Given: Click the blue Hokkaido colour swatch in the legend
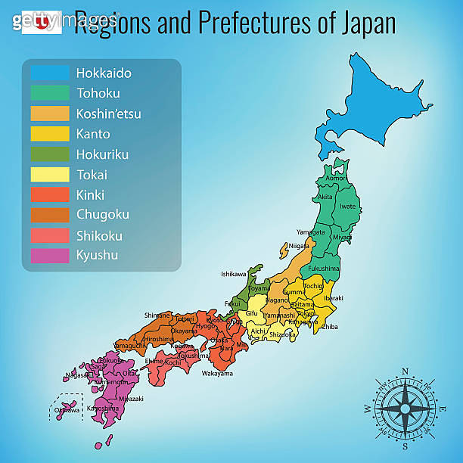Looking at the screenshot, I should point(49,73).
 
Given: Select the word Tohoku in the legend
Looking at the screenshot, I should point(96,94).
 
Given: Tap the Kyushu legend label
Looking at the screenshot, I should point(97,255).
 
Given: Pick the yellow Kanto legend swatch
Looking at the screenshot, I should point(49,134).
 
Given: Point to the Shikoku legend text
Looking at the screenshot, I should point(99,235).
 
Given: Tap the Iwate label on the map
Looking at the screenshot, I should point(348,205).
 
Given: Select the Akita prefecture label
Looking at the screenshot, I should point(325,197).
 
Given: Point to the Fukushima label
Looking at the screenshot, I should point(325,268).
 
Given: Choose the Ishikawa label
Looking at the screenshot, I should point(234,274).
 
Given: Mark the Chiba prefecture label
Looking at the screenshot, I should point(329,328).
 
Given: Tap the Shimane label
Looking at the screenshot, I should point(157,315).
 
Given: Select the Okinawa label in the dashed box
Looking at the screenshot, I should point(65,411).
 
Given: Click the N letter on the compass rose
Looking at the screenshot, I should point(405,371).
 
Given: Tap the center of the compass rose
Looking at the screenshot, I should point(405,409).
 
